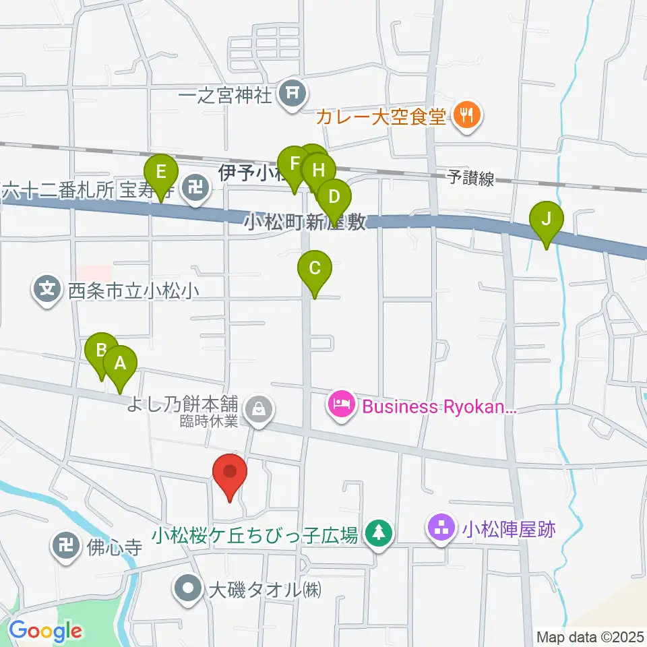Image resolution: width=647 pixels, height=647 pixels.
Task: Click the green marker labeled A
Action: pos(120,365)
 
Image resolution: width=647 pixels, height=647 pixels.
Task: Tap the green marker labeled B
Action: pos(102,350)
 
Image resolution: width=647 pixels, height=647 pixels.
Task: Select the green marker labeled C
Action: pos(315,269)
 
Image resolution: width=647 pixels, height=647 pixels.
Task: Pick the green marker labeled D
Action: pos(334,198)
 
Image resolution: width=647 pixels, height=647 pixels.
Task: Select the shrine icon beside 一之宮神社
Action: pos(293,94)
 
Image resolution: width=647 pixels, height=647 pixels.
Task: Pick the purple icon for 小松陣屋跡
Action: pos(442,529)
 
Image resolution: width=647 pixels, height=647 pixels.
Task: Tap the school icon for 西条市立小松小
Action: pos(47,290)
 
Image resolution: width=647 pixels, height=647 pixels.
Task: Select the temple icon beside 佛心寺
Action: pos(67,545)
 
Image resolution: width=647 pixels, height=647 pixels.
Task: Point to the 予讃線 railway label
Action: pos(471,178)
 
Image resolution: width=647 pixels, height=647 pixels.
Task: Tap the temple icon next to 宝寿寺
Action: pos(197,186)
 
